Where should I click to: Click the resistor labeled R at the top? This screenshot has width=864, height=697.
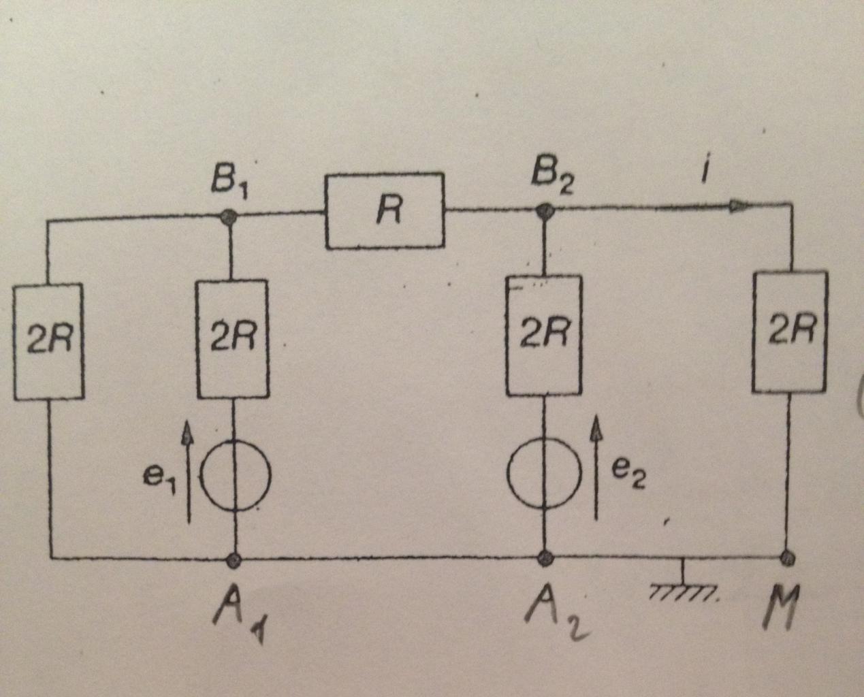tap(385, 211)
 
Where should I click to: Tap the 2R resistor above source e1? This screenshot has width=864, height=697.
tap(232, 338)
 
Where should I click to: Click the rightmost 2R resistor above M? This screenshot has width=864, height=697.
tap(790, 331)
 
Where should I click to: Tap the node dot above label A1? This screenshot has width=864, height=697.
tap(235, 560)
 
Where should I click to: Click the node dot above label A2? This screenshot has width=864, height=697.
tap(545, 559)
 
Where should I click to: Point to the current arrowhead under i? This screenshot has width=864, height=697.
tap(738, 204)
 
